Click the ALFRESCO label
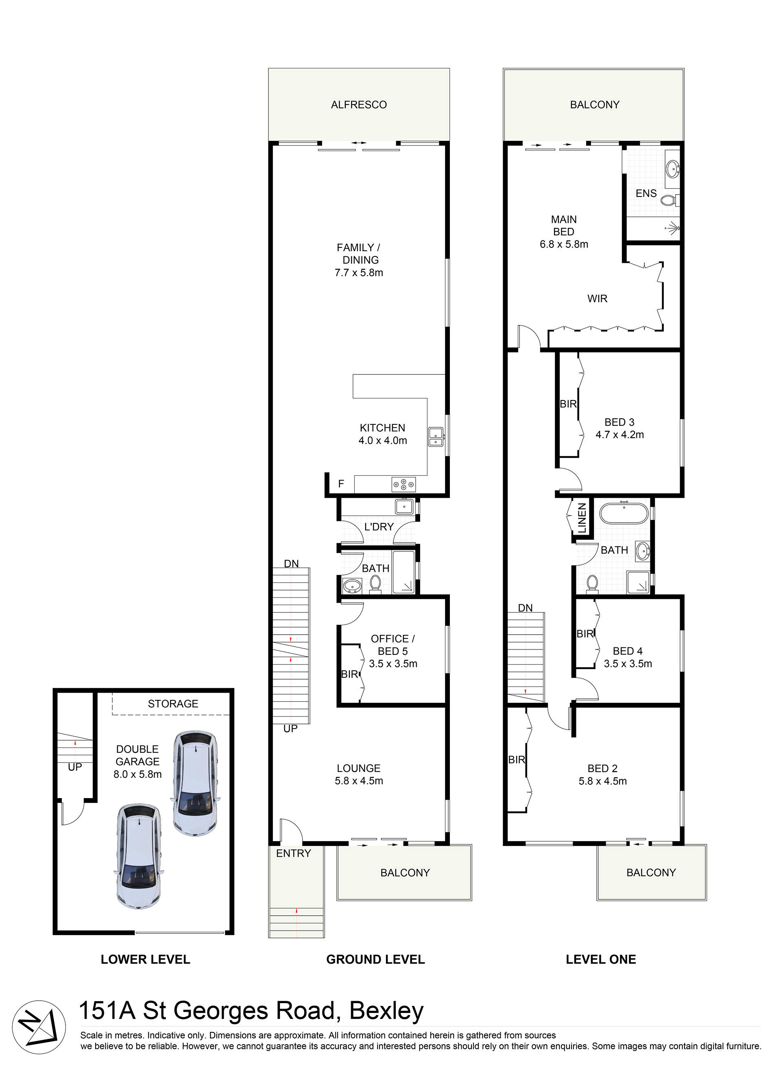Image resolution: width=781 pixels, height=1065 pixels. pyautogui.click(x=359, y=105)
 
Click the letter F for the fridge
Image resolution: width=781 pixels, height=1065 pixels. pyautogui.click(x=341, y=484)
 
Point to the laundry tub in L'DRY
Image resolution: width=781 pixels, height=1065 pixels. pyautogui.click(x=404, y=507)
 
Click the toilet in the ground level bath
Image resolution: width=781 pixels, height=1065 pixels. pyautogui.click(x=375, y=583)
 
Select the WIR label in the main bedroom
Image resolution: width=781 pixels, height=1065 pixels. pyautogui.click(x=597, y=299)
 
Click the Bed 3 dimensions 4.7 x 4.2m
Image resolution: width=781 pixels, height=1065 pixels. pyautogui.click(x=620, y=435)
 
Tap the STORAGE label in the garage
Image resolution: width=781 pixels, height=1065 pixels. pyautogui.click(x=173, y=704)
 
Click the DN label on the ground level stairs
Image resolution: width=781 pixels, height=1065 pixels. pyautogui.click(x=291, y=564)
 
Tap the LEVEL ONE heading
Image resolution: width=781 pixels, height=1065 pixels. pyautogui.click(x=600, y=960)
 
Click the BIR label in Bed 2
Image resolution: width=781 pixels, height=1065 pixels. pyautogui.click(x=516, y=759)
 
